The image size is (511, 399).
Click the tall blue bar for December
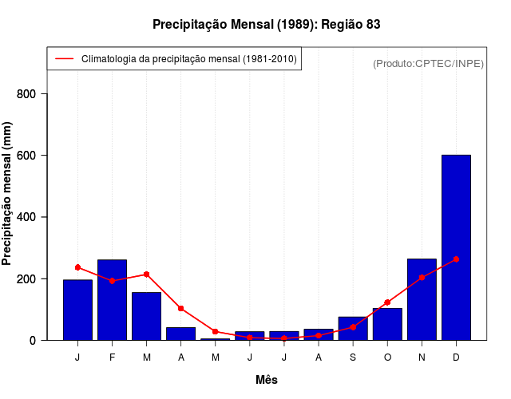456,247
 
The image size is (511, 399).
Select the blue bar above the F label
112,299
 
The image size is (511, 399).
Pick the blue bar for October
387,324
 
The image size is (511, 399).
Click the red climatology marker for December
456,259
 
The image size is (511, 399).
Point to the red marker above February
112,281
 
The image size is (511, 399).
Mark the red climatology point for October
387,302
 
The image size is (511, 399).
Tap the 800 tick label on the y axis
27,94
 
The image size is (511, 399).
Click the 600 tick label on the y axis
27,156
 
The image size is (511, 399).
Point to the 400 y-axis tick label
27,217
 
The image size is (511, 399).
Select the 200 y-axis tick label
27,279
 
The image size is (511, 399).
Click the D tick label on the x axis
456,358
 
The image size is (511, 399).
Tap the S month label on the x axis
353,358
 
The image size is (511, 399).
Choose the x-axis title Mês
267,380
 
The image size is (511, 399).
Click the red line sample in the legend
64,59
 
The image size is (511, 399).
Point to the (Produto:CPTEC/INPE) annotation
428,63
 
